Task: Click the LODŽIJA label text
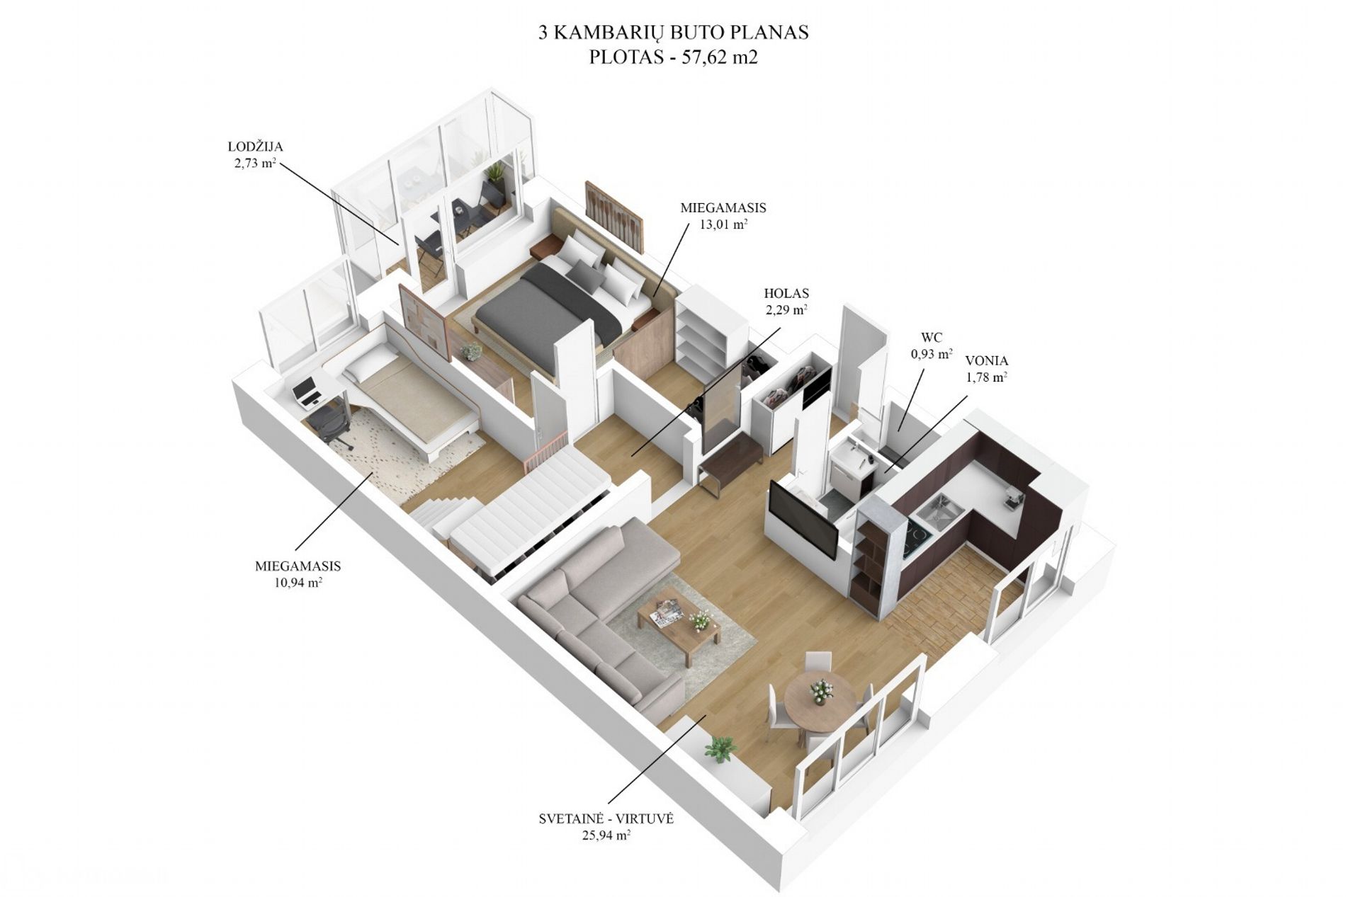tap(256, 147)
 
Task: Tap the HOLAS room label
tap(786, 293)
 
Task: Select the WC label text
tap(931, 338)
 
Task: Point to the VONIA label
tap(986, 361)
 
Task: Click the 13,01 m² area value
tap(723, 225)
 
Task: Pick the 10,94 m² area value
tap(298, 583)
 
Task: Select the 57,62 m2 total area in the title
tap(720, 57)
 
